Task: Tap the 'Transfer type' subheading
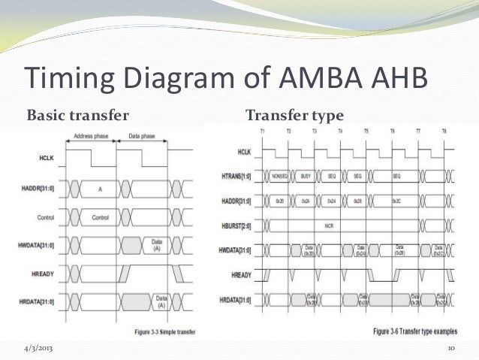point(294,116)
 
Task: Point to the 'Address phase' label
point(92,138)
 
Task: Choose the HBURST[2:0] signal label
point(236,225)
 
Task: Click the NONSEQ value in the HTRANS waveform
point(277,175)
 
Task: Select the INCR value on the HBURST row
point(328,225)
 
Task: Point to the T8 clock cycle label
point(444,132)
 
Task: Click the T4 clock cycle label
point(341,132)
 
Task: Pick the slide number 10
point(452,349)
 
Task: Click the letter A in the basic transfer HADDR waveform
point(100,190)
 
